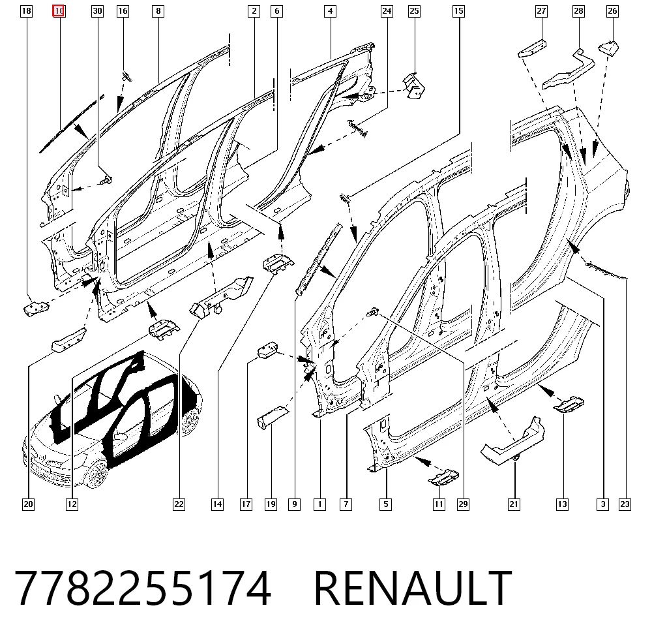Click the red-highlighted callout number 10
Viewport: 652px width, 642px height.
(x=59, y=11)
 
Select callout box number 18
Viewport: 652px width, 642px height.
(x=26, y=11)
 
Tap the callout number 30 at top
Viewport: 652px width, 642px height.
(x=97, y=11)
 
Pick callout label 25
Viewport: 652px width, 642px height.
(x=414, y=11)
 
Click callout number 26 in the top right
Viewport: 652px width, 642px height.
(x=612, y=11)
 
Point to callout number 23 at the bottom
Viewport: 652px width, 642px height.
(x=625, y=504)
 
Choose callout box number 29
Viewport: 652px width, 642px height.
(x=463, y=504)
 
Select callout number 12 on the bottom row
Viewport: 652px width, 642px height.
(x=72, y=504)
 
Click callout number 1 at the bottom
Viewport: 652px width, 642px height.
(x=319, y=504)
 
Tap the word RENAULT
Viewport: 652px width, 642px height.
(x=413, y=588)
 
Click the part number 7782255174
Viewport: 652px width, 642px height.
(x=143, y=588)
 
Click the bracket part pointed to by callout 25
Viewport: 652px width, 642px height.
(x=414, y=86)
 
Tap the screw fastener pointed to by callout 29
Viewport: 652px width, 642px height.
(x=374, y=311)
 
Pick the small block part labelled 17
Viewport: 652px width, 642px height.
(x=268, y=350)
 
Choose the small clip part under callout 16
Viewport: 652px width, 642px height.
(x=127, y=76)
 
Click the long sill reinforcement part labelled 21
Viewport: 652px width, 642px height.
(x=512, y=442)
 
